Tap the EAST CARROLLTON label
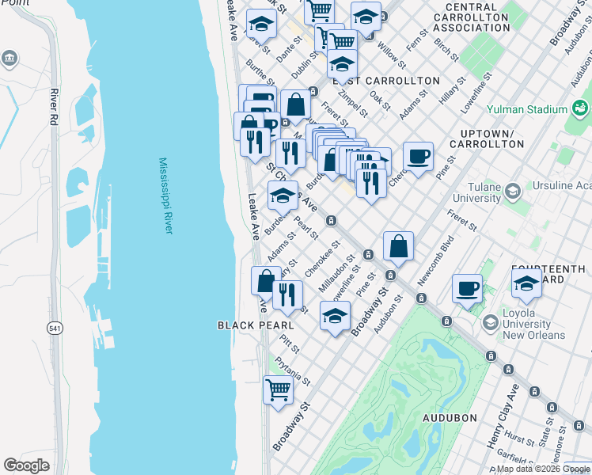click(x=385, y=81)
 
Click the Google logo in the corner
click(x=27, y=465)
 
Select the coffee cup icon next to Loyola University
click(x=468, y=288)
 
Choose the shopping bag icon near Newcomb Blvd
click(x=399, y=246)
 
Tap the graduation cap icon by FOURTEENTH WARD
click(x=526, y=284)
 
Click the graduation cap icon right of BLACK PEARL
click(x=335, y=316)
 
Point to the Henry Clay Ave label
click(x=503, y=428)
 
